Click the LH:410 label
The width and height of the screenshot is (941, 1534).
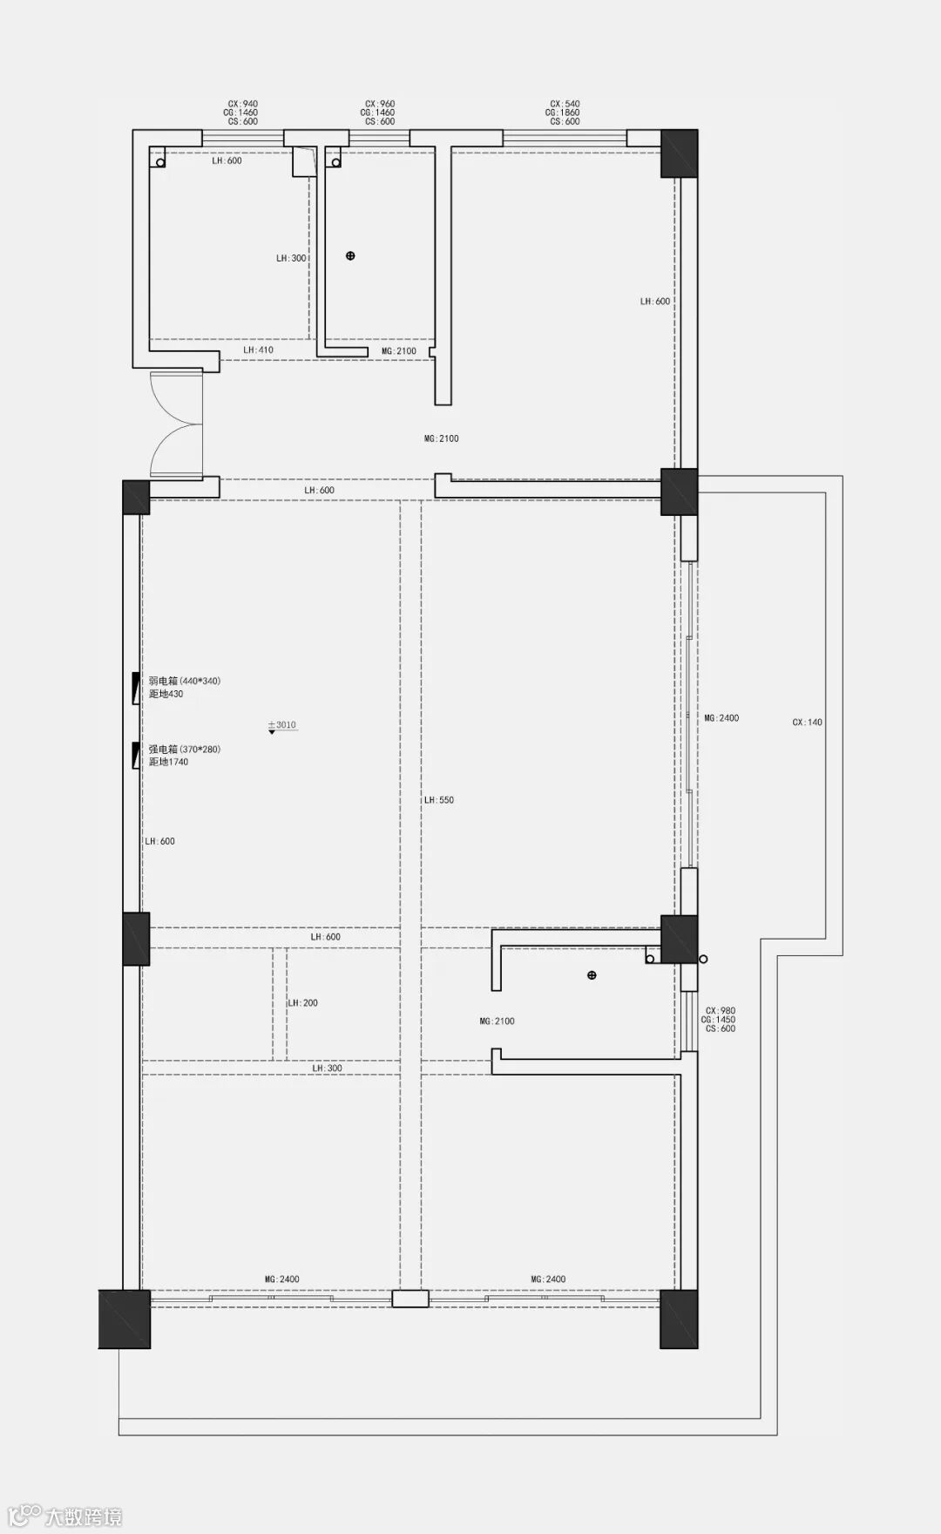click(x=258, y=350)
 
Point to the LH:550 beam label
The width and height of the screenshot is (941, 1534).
click(x=439, y=799)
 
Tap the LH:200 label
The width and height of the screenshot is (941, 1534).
click(x=303, y=1002)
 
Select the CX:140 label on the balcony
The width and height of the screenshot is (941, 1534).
click(x=808, y=722)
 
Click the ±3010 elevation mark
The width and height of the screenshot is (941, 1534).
click(x=282, y=724)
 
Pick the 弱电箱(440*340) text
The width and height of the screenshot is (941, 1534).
click(x=185, y=681)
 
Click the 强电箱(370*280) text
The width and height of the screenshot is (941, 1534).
click(x=185, y=749)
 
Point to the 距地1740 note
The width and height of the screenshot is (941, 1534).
click(x=168, y=762)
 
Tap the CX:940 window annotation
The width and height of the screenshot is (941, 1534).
click(x=243, y=104)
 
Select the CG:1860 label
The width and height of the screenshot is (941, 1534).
click(x=563, y=112)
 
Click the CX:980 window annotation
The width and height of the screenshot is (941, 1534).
click(x=721, y=1010)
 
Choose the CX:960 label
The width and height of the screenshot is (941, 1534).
click(x=380, y=104)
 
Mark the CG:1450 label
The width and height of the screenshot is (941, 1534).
click(x=719, y=1019)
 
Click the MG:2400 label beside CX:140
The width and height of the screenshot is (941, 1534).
click(x=721, y=718)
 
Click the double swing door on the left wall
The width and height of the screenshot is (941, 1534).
click(x=176, y=424)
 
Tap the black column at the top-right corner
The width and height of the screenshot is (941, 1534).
click(x=679, y=153)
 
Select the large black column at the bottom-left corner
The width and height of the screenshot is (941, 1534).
click(x=125, y=1319)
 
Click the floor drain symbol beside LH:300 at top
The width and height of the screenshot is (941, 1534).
click(x=350, y=256)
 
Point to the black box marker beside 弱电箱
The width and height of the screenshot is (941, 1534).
click(x=135, y=689)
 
